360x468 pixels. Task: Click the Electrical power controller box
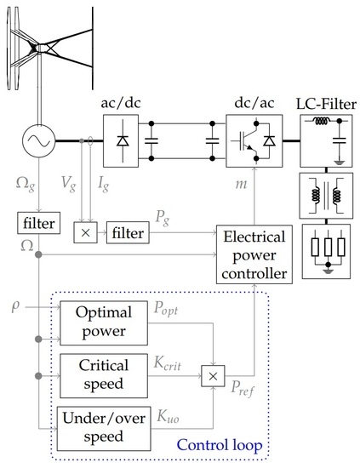click(x=253, y=255)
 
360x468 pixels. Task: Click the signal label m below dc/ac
click(x=238, y=185)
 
